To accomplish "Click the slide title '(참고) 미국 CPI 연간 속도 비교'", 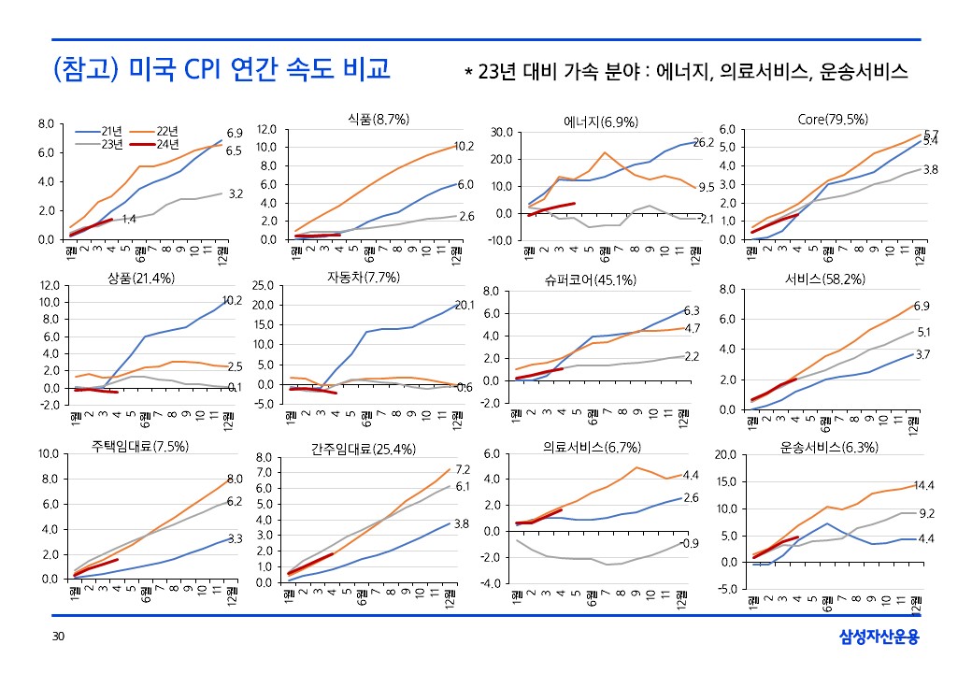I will (222, 71).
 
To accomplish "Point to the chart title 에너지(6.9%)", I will (601, 122).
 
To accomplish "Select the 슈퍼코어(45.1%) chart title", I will (590, 279).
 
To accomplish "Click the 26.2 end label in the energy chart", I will (703, 143).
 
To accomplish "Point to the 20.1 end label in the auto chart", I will (465, 305).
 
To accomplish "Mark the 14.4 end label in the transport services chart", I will (924, 486).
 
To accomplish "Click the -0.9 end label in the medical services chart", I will (690, 543).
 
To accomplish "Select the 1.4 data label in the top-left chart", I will (129, 219).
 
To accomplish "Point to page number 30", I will (58, 637).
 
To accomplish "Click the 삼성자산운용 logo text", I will (879, 637).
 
